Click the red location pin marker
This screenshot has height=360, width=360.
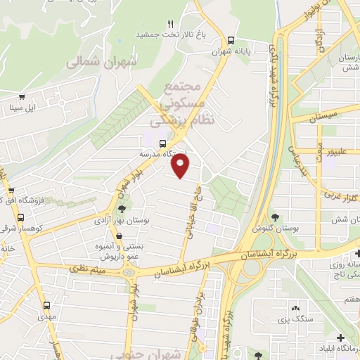181,167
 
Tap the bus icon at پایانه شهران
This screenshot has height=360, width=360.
232,40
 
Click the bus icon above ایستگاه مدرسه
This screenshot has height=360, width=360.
164,143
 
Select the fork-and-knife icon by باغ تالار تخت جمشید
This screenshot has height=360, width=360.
170,24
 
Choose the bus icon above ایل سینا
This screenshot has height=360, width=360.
22,98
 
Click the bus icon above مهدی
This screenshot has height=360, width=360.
47,305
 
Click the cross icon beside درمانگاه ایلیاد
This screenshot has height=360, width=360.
340,338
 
